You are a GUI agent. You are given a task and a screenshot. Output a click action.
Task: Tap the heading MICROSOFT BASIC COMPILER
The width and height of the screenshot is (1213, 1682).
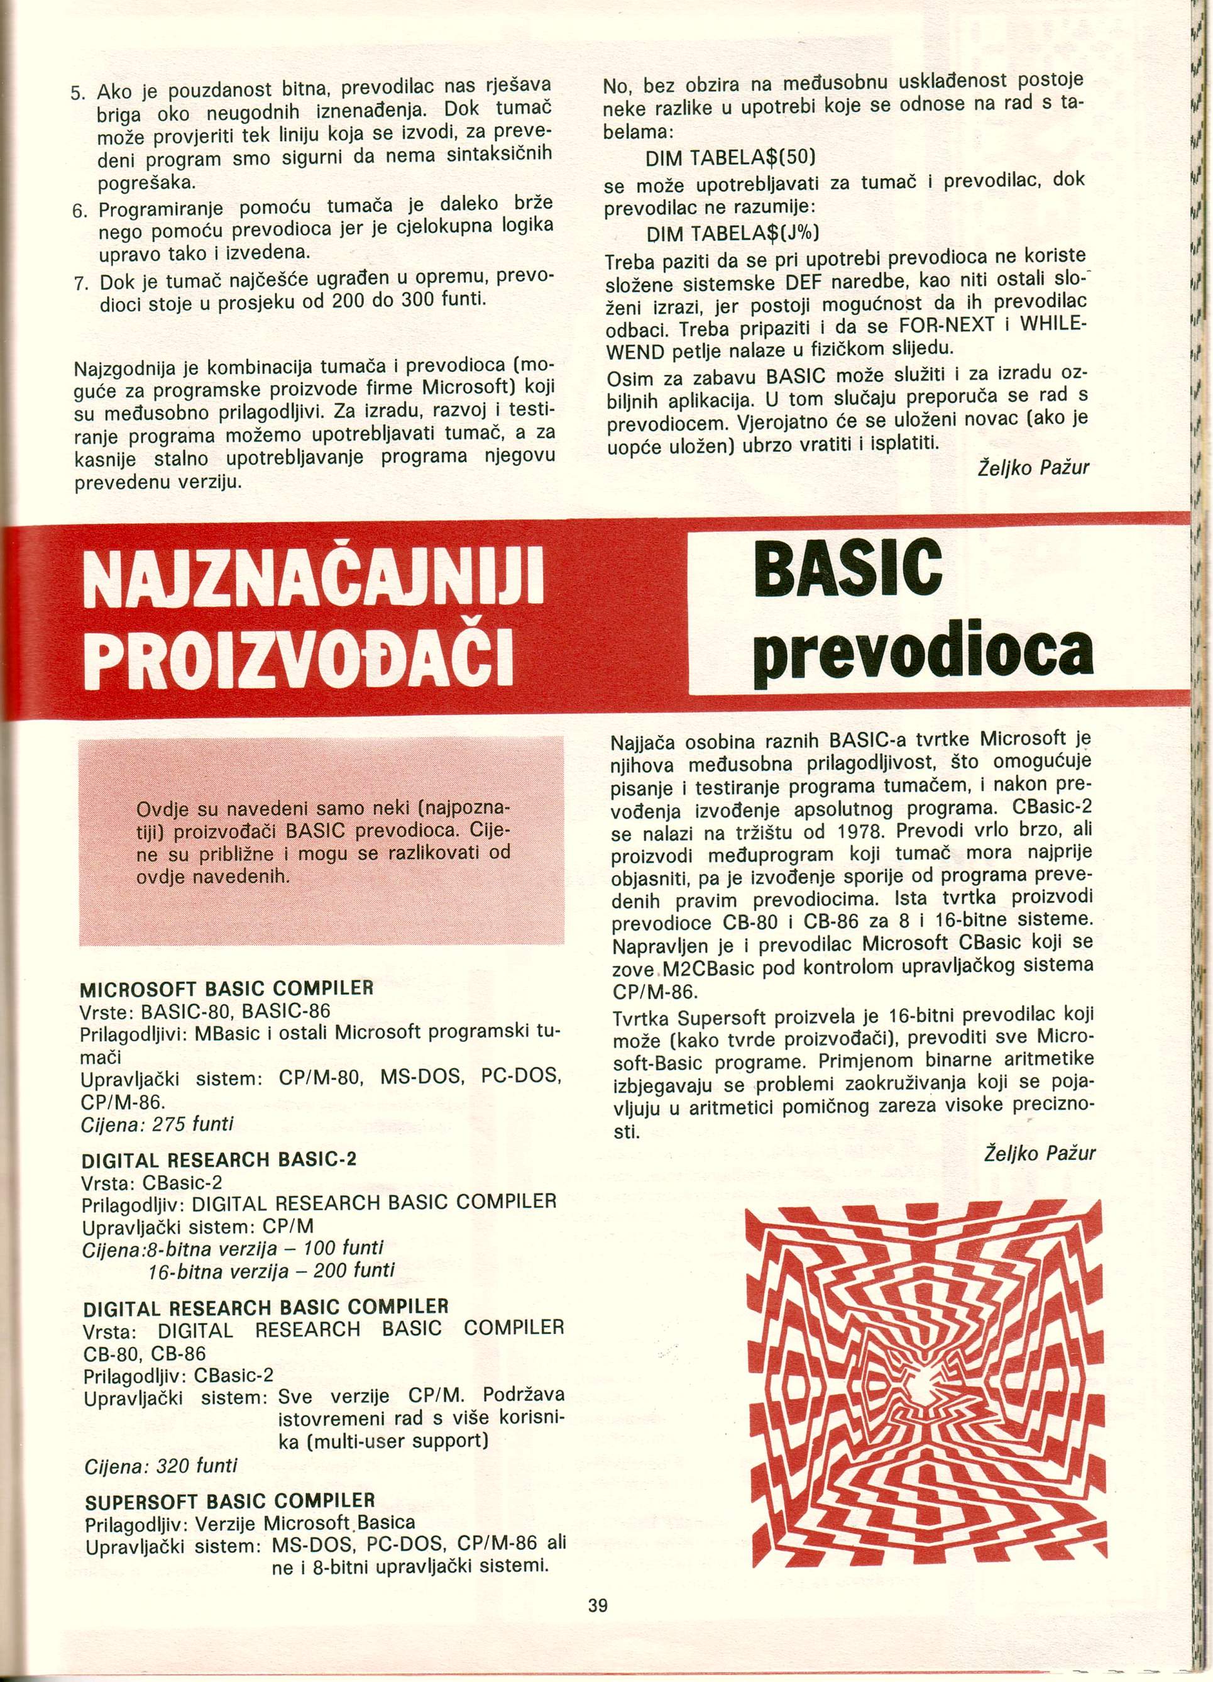click(226, 988)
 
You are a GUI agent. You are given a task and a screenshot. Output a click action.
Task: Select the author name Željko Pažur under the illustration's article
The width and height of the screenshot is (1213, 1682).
click(1040, 1154)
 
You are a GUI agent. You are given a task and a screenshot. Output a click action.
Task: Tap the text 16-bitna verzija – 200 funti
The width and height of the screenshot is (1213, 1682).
click(271, 1270)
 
